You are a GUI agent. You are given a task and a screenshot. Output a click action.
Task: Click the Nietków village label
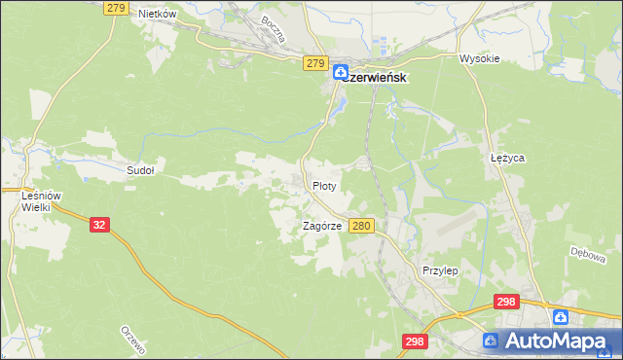point(157,14)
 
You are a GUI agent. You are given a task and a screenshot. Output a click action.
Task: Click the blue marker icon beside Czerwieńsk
point(341,73)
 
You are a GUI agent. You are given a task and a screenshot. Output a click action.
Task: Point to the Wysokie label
point(479,58)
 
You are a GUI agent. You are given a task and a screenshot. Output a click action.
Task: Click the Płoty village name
point(324,185)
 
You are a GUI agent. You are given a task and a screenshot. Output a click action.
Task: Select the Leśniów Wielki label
point(41,201)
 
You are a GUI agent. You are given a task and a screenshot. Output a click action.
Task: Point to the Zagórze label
point(321,226)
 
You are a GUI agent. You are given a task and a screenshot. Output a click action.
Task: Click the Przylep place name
point(440,270)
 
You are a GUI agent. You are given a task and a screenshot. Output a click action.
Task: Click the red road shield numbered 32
point(98,224)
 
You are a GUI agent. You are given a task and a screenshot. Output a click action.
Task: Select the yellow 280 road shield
point(361,226)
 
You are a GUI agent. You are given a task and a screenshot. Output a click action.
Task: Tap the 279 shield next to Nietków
point(116,8)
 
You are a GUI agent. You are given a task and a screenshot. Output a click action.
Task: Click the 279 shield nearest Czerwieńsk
point(313,63)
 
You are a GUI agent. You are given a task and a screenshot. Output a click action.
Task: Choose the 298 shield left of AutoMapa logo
point(415,342)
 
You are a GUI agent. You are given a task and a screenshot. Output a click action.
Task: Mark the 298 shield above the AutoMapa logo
point(505,303)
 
